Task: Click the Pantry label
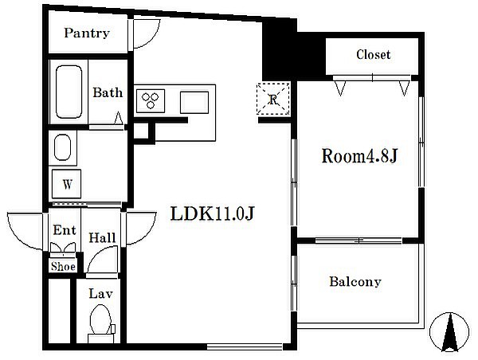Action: click(87, 33)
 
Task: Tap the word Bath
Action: click(108, 92)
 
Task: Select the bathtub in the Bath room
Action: click(69, 92)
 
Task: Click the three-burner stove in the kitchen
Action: click(151, 101)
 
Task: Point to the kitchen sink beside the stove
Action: click(194, 103)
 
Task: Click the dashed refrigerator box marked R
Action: click(273, 99)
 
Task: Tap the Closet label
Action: click(373, 55)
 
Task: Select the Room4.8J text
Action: click(359, 156)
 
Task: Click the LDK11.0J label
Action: click(212, 213)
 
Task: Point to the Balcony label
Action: click(355, 281)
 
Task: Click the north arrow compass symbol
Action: click(449, 332)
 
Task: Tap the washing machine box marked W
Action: click(66, 184)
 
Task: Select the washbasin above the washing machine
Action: click(62, 147)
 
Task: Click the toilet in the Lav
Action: click(101, 324)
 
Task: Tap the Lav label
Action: click(101, 294)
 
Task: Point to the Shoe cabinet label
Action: click(63, 267)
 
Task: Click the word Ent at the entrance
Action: click(65, 230)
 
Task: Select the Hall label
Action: click(102, 238)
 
